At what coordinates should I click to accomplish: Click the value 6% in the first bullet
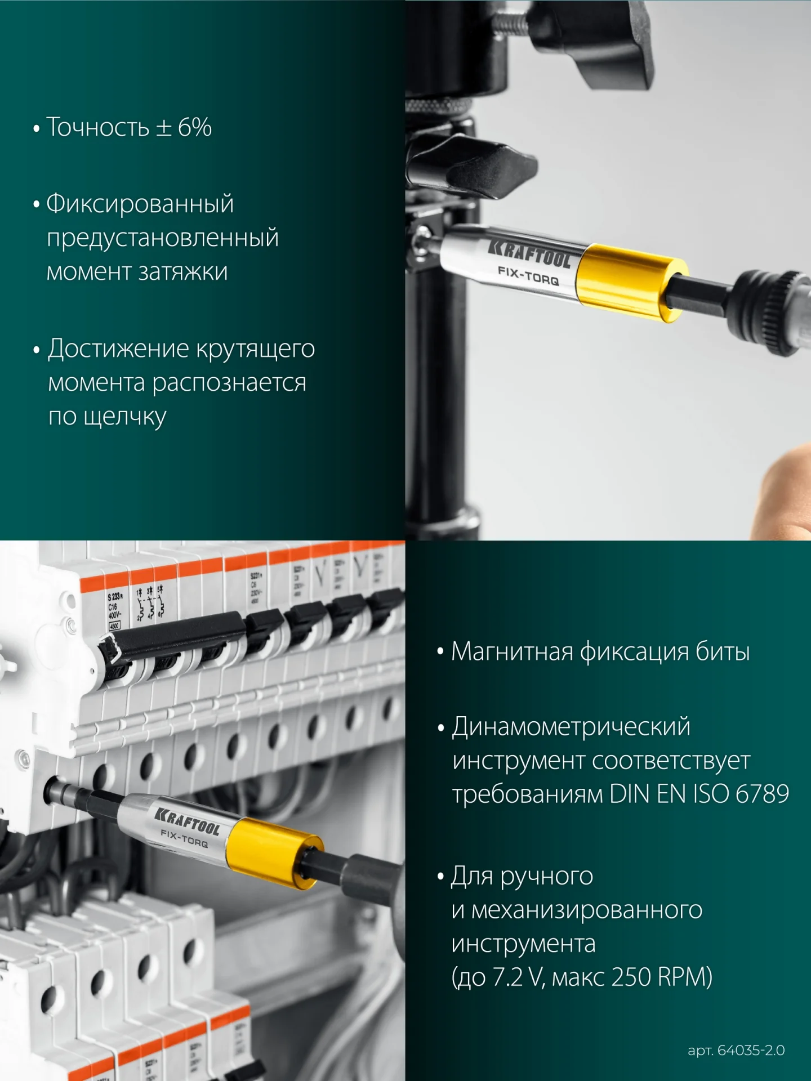[195, 128]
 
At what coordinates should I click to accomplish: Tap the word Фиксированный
[140, 204]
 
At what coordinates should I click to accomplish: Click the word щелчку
[124, 418]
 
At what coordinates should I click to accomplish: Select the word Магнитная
[512, 652]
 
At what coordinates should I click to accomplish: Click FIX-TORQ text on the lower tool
[184, 838]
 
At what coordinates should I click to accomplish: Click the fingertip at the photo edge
[788, 490]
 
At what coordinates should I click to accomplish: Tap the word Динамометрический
[571, 727]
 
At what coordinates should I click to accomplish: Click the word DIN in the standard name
[630, 794]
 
